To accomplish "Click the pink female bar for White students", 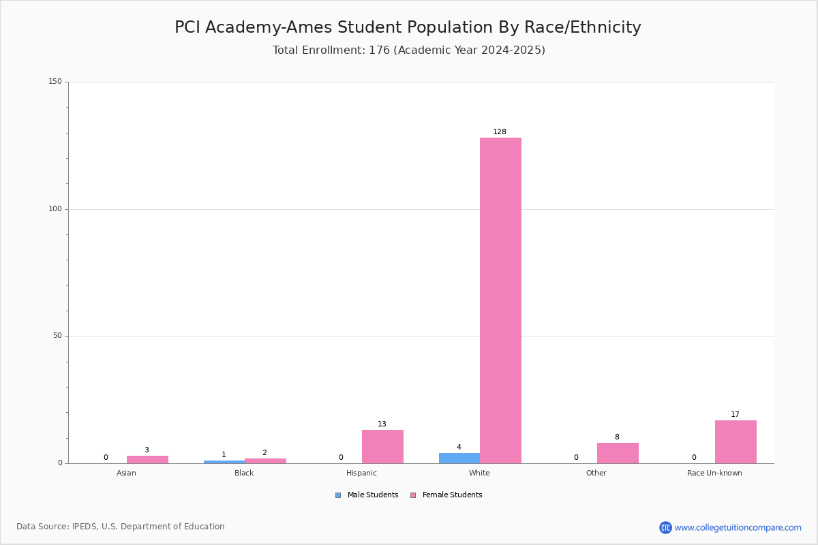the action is [500, 300].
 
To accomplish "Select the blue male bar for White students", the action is [459, 458].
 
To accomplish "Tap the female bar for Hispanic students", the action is [382, 447].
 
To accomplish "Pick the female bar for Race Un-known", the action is [736, 442].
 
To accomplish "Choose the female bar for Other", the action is [618, 454].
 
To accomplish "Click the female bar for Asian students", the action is [147, 460].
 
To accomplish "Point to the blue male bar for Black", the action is [224, 462].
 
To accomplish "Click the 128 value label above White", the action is [500, 131].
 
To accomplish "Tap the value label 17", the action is [735, 414].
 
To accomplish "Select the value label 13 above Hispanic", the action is [382, 424].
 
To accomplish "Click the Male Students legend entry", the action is [367, 495].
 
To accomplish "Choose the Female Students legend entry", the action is [446, 495].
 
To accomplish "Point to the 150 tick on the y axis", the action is [55, 81].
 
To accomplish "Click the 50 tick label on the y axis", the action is [58, 335].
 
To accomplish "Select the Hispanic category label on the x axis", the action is [361, 473].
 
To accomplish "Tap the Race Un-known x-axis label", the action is [714, 473].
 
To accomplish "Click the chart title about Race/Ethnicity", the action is [408, 27].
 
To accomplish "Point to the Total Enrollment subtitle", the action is [409, 50].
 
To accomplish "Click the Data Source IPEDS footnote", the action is [121, 527].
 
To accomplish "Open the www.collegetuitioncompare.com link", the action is [738, 527].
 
